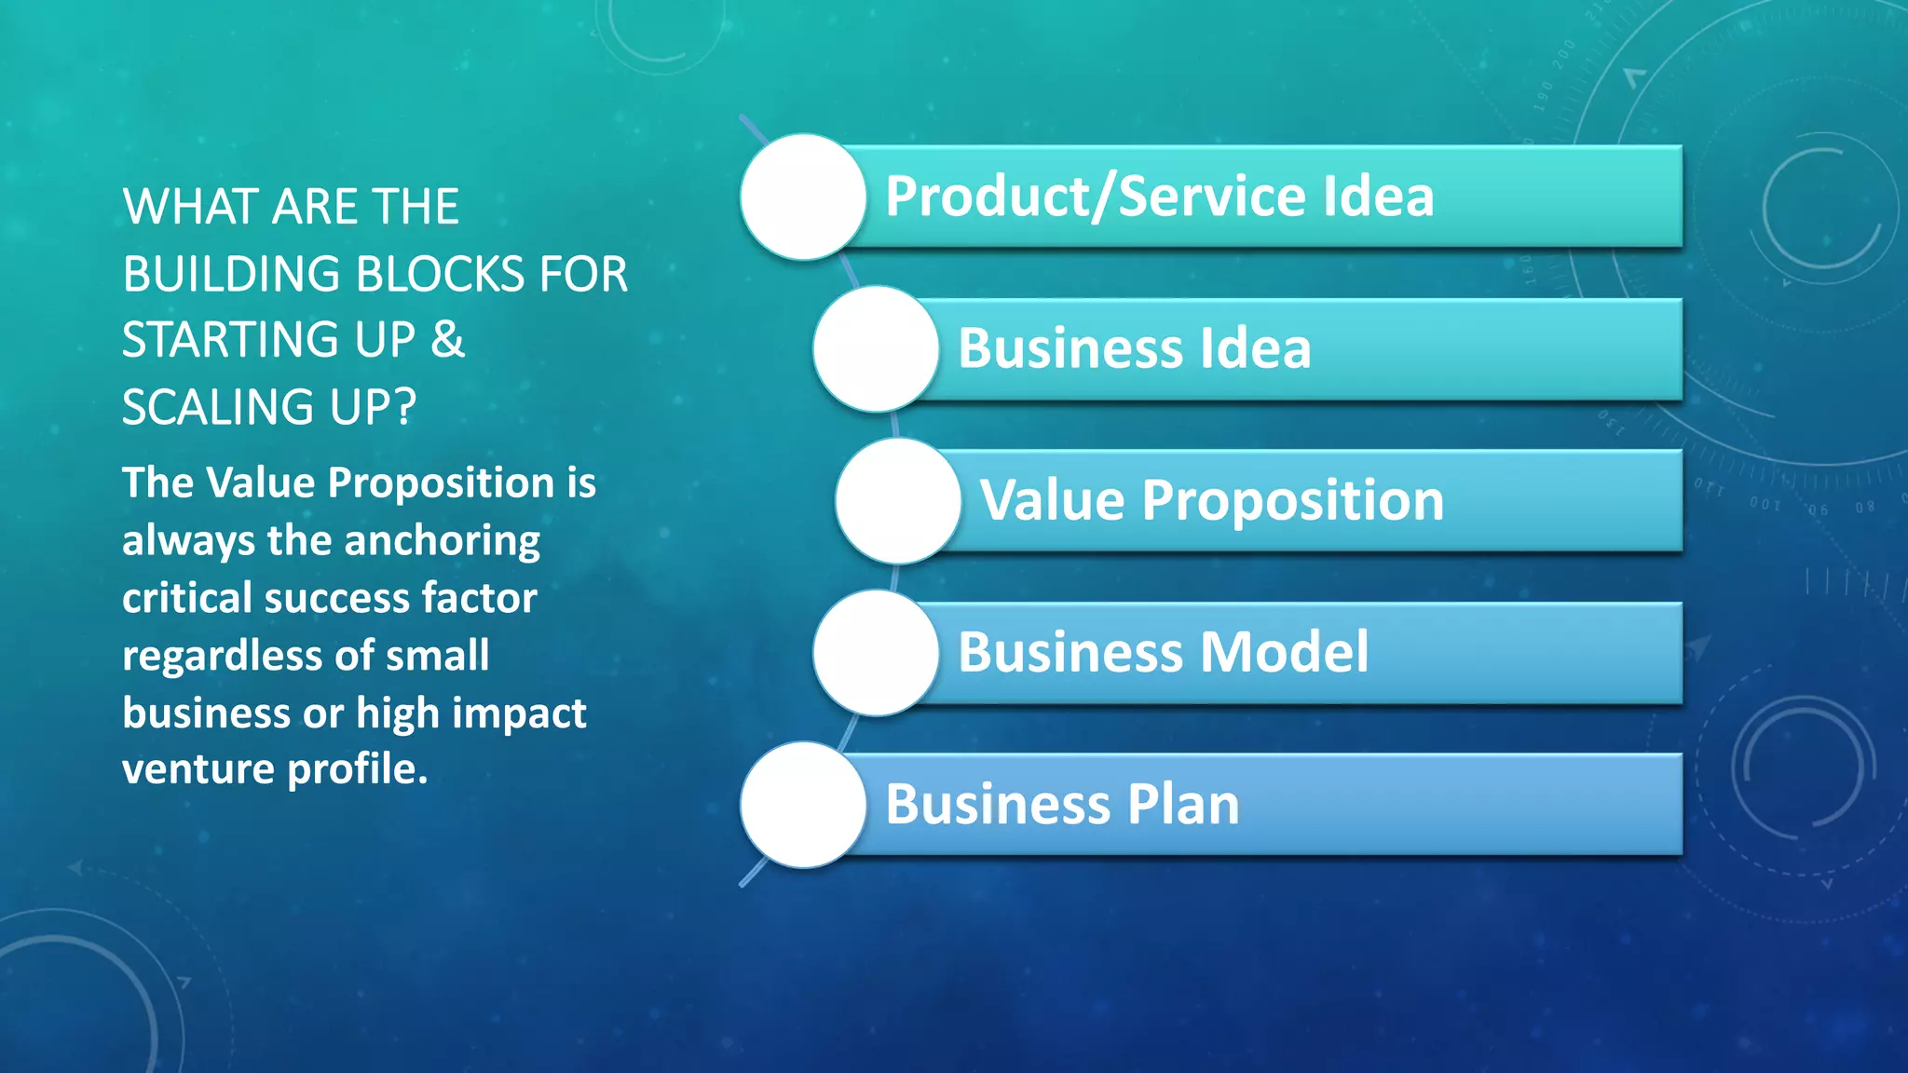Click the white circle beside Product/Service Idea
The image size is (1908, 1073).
(803, 197)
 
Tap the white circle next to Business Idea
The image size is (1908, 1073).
(876, 348)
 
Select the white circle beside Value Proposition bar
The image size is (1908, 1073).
(898, 500)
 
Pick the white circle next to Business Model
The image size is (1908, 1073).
(876, 652)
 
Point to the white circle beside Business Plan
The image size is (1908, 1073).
(803, 804)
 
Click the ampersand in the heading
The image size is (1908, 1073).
(448, 339)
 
